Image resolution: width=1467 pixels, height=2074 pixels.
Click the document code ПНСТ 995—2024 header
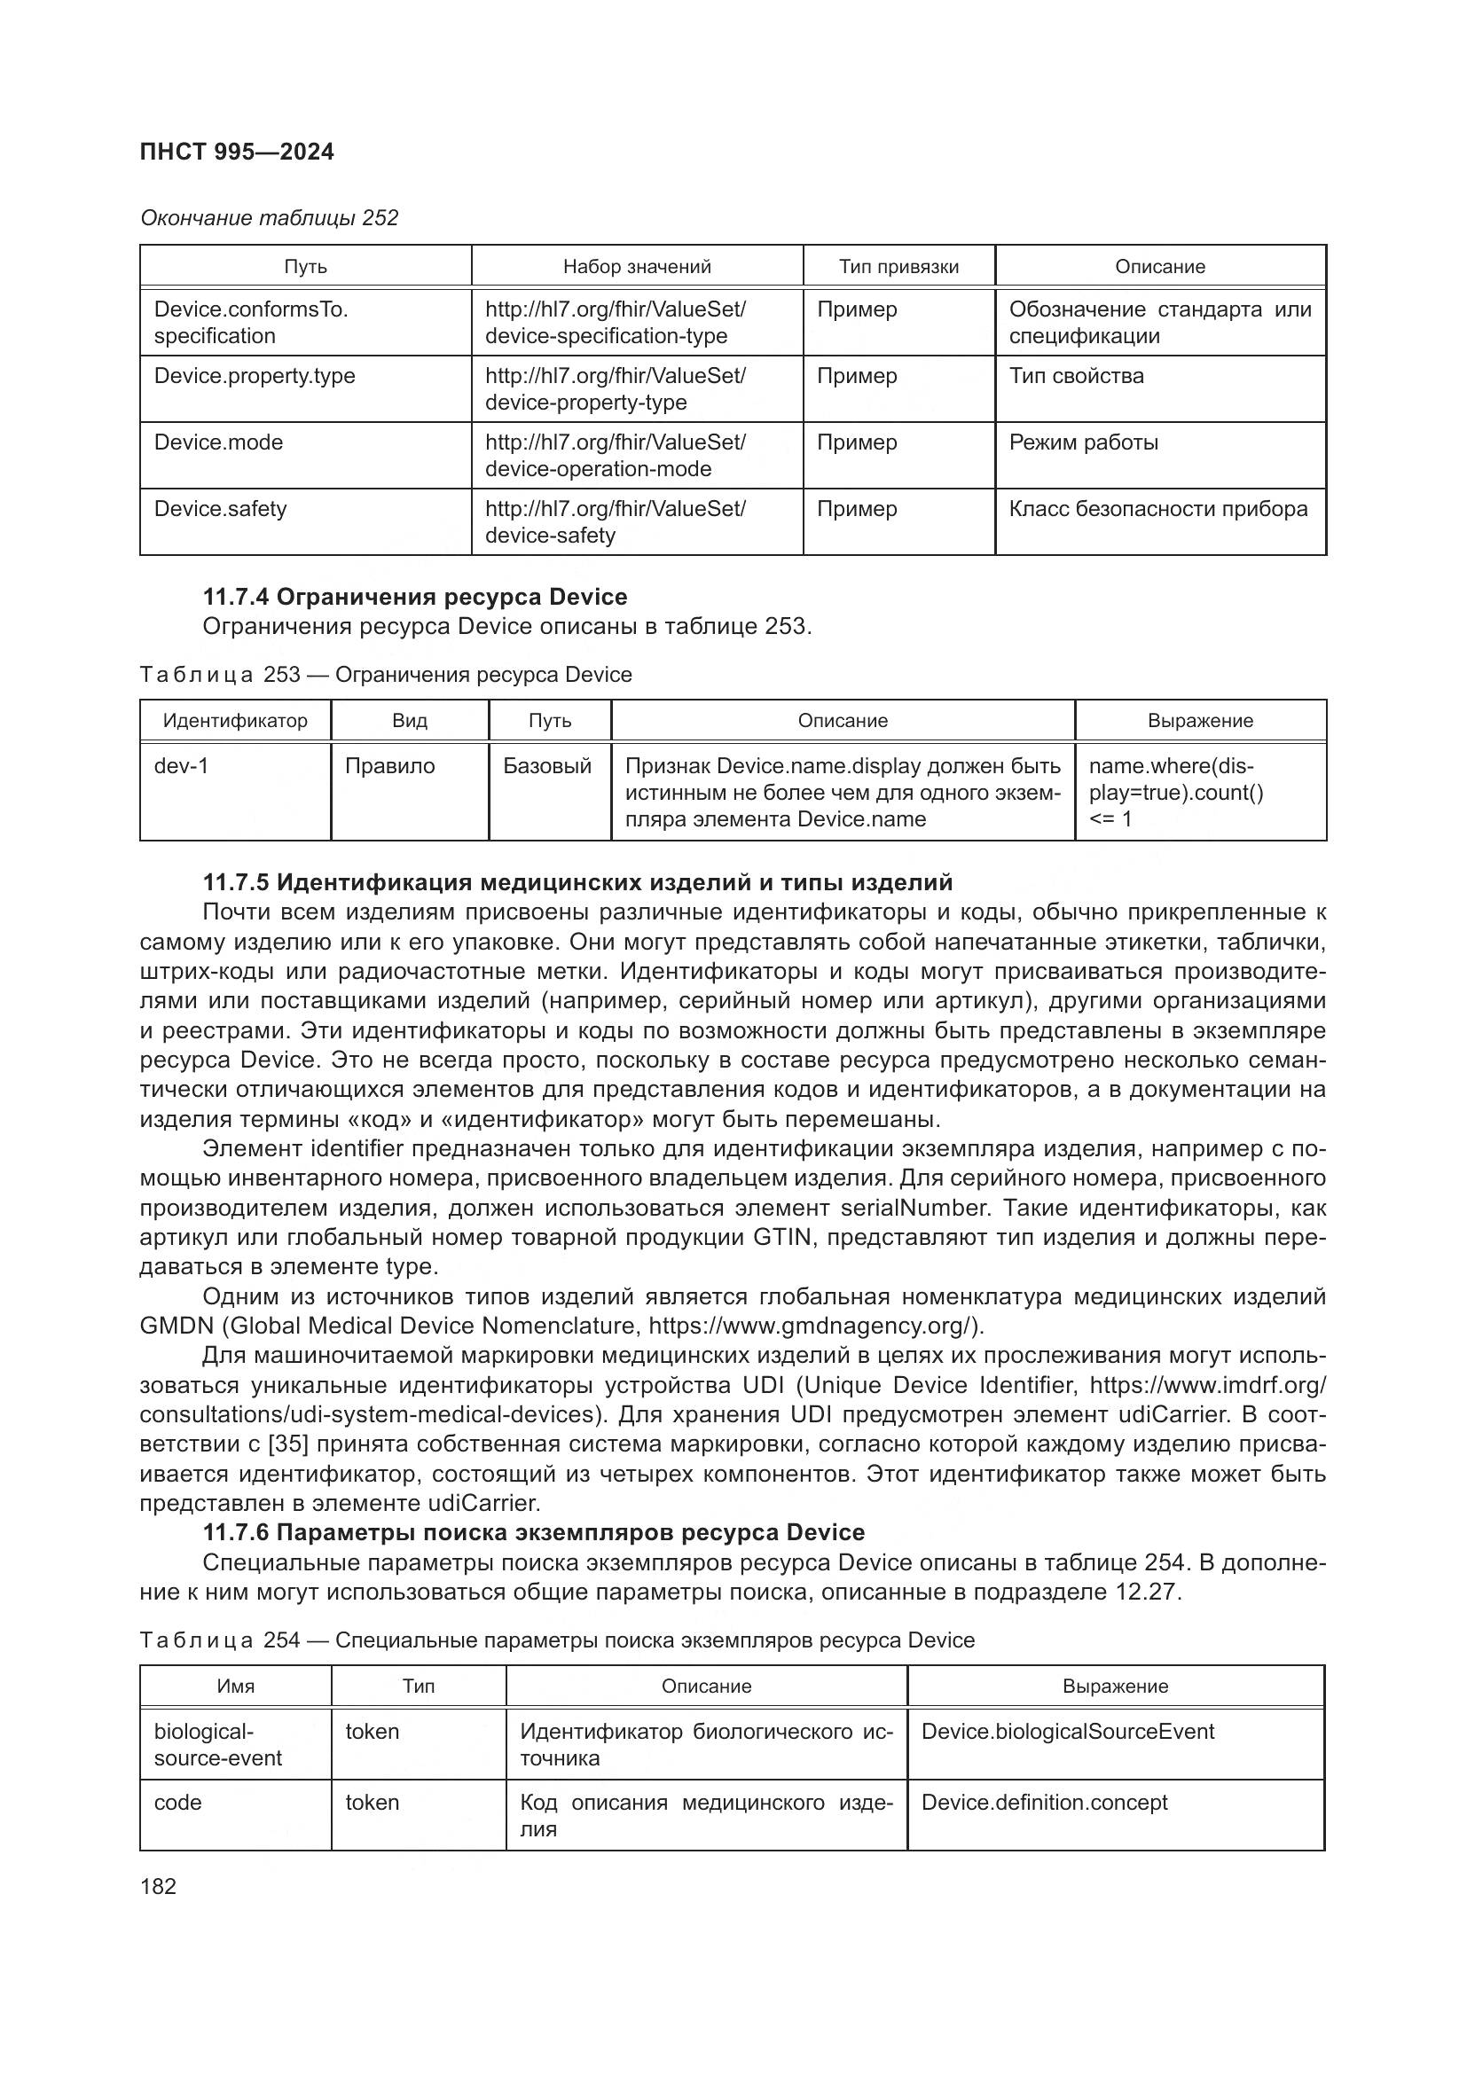coord(237,152)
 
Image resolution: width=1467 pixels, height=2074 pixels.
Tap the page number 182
coord(158,1886)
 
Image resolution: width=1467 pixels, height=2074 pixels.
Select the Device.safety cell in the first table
coord(221,509)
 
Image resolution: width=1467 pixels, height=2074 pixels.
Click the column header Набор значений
coord(637,267)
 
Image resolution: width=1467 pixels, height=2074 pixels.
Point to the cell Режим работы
coord(1083,442)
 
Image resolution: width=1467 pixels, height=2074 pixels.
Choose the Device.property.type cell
coord(255,376)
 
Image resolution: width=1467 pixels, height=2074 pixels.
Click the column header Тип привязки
coord(898,267)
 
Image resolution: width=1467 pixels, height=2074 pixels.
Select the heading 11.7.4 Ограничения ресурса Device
coord(414,597)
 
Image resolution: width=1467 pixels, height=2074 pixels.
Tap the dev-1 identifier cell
coord(182,766)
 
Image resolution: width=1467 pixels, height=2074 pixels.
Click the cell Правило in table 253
coord(389,766)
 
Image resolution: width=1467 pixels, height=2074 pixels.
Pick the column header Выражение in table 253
coord(1200,721)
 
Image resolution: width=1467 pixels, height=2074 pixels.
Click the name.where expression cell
coord(1175,792)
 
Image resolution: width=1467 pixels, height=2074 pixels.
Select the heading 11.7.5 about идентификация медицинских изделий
coord(577,881)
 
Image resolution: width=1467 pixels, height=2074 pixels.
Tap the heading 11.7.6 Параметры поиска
coord(533,1533)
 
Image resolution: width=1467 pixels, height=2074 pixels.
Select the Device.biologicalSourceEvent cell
coord(1067,1732)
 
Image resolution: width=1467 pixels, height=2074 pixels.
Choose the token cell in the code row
coord(373,1803)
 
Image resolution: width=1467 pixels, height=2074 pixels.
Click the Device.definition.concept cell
coord(1043,1803)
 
